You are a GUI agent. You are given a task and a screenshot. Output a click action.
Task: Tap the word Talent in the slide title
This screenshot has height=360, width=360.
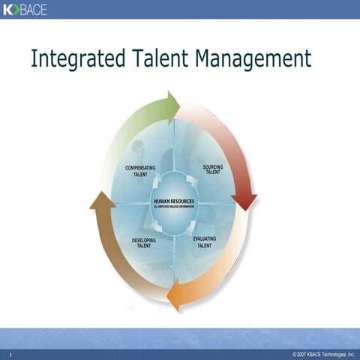pos(162,58)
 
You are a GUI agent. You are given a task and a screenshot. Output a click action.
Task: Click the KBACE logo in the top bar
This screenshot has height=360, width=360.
pos(25,9)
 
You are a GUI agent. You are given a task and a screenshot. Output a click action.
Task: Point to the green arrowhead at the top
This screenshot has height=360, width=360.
pos(173,107)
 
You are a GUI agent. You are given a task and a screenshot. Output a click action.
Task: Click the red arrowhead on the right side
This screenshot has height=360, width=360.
pos(244,201)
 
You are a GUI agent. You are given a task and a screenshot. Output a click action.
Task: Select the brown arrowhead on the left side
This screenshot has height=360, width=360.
pos(101,200)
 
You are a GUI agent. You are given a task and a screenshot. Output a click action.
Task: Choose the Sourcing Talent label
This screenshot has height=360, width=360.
pos(213,169)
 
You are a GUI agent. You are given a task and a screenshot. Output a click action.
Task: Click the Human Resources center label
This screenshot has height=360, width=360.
pos(174,202)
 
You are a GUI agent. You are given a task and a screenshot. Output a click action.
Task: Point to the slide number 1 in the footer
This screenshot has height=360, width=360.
pos(10,353)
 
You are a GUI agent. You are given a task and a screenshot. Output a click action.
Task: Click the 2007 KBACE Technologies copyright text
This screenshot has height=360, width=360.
pos(323,353)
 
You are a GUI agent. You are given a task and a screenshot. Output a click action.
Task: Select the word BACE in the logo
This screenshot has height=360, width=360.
pos(32,9)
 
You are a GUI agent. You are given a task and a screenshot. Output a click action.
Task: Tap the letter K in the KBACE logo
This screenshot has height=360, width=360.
pos(8,9)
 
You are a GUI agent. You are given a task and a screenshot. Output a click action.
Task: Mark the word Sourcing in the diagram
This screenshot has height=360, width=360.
pos(213,166)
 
